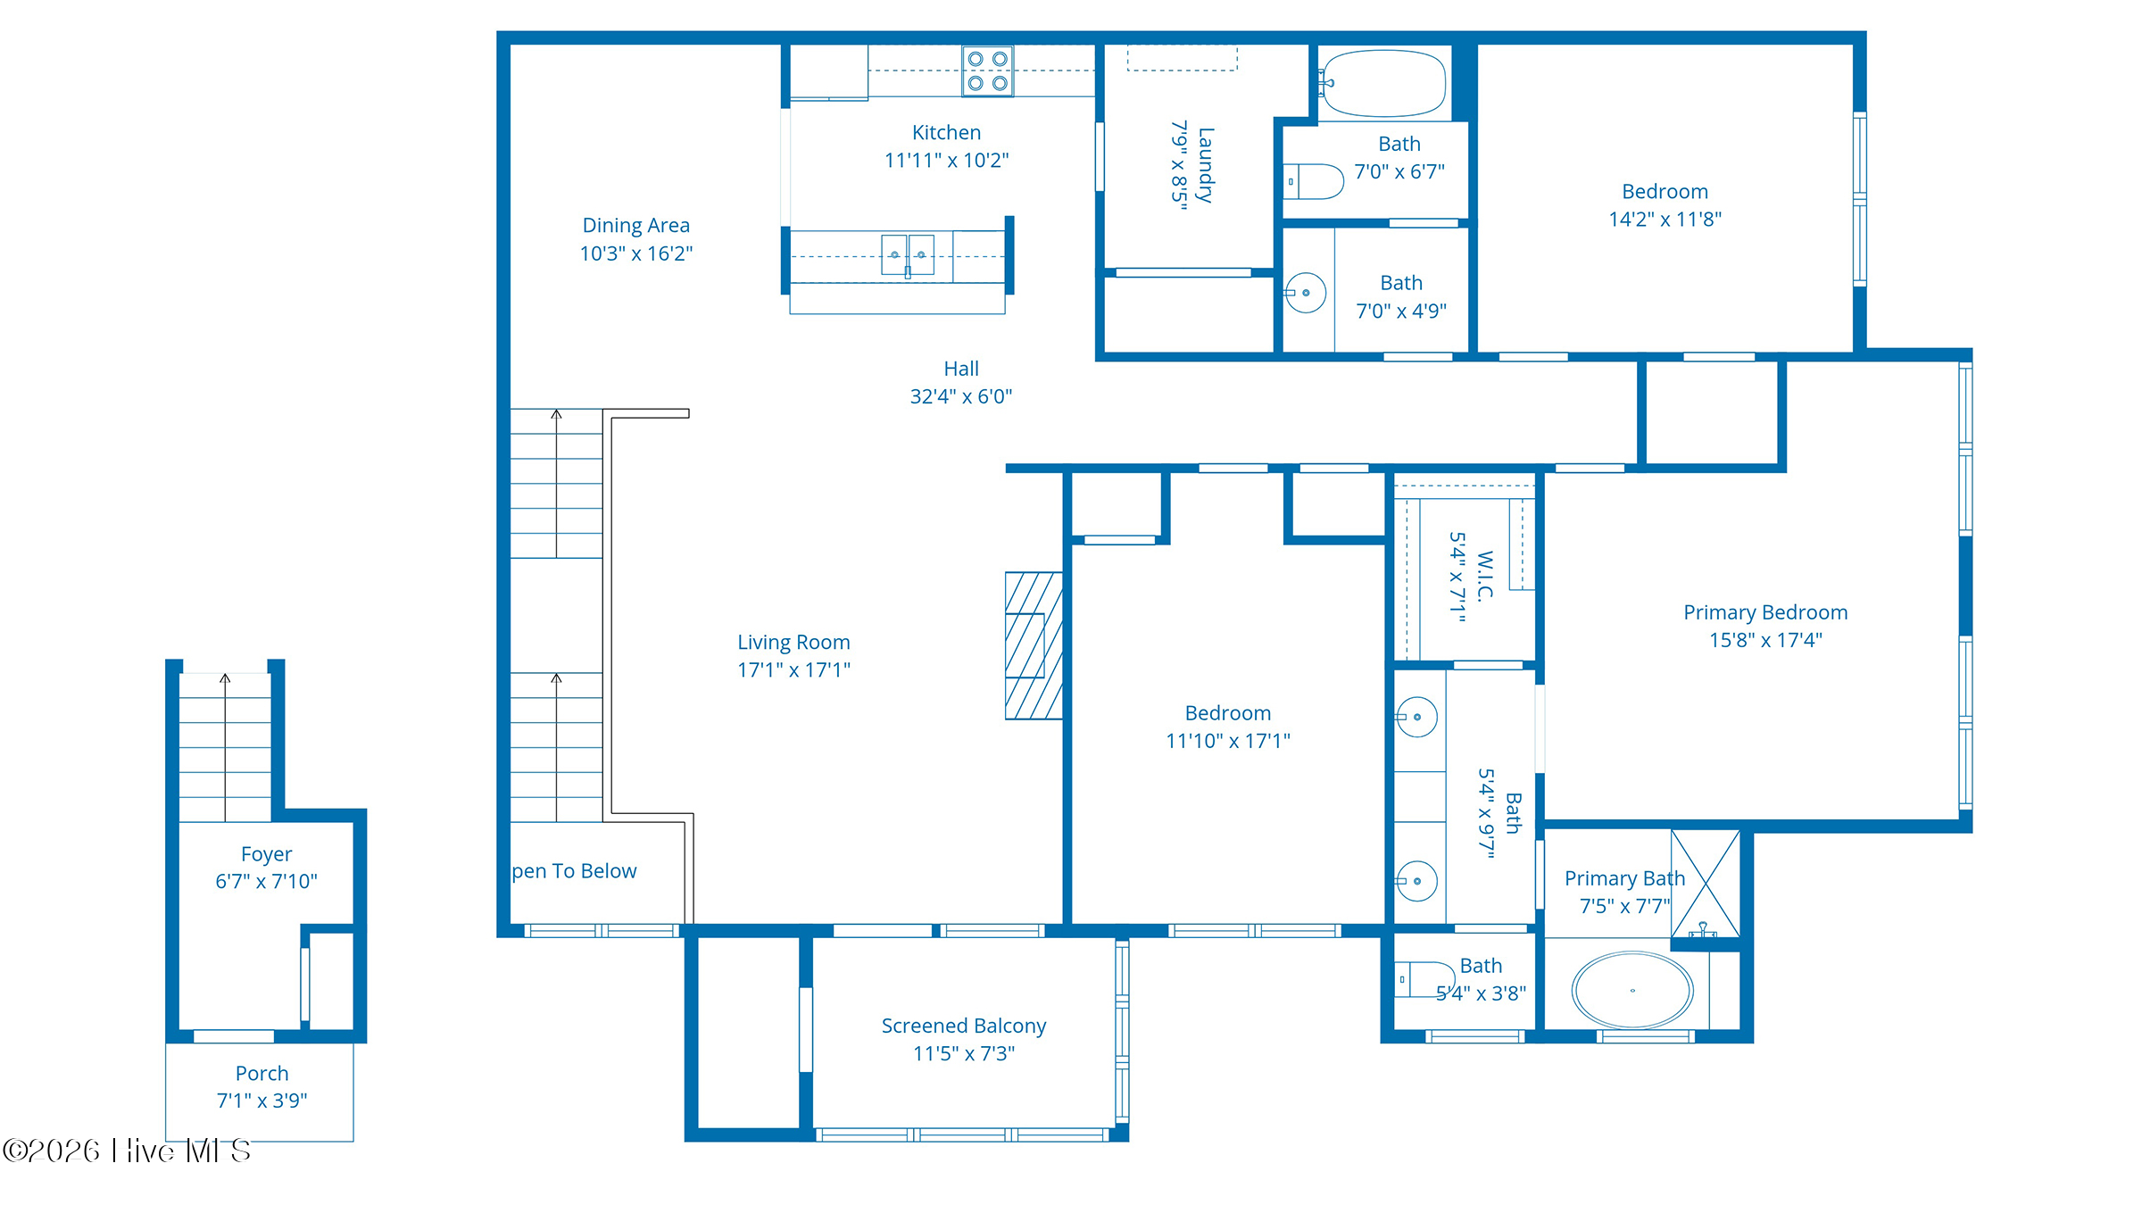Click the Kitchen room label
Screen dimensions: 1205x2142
pos(946,133)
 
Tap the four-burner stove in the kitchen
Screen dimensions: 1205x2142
pos(987,71)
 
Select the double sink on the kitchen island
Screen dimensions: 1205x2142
pos(908,255)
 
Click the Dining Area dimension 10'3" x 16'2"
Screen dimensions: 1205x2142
pos(635,253)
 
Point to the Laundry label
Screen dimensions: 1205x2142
pos(1205,165)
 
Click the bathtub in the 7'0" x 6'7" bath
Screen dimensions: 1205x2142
pos(1383,83)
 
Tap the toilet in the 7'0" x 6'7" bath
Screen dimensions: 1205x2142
pos(1315,181)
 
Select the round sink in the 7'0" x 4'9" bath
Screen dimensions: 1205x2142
pos(1306,293)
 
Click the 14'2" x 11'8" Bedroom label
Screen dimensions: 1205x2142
pos(1665,192)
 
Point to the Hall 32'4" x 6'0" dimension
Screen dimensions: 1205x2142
pos(960,396)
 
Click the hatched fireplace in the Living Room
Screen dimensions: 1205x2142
pos(1034,645)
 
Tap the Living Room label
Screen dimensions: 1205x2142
pos(793,643)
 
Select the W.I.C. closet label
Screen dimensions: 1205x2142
pos(1484,577)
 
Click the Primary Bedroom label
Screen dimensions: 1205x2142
pos(1764,613)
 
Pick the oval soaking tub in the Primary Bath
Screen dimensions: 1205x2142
pos(1631,991)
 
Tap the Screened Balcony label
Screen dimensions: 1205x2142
pos(963,1026)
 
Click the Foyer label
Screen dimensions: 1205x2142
pos(266,855)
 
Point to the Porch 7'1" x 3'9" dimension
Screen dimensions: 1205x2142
pos(262,1101)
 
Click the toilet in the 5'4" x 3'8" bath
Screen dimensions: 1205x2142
pos(1424,979)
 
